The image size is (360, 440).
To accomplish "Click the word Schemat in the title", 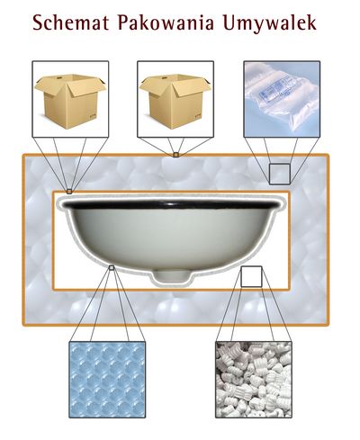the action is [x=71, y=22].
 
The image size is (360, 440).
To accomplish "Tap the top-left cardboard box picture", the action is [x=70, y=99].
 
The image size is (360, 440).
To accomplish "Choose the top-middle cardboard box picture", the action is [x=175, y=99].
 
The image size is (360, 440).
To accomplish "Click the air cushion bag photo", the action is [x=282, y=99].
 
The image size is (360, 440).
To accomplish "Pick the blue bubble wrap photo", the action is [x=107, y=380].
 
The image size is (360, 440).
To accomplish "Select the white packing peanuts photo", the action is [x=254, y=380].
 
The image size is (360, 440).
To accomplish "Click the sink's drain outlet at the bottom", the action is [x=171, y=275].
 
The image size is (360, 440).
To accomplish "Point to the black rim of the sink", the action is [x=171, y=205].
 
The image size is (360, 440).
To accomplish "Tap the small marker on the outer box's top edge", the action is [x=176, y=155].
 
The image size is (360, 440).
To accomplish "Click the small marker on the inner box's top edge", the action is [x=69, y=191].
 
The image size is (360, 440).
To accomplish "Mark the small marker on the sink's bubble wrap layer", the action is [x=112, y=267].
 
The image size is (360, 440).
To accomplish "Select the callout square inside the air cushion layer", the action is [x=279, y=174].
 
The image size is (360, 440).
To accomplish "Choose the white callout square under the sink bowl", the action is [x=251, y=276].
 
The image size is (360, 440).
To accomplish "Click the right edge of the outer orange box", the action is [x=328, y=240].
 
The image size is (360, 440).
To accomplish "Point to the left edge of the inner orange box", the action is [x=54, y=240].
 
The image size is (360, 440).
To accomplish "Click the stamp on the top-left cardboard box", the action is [x=92, y=115].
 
